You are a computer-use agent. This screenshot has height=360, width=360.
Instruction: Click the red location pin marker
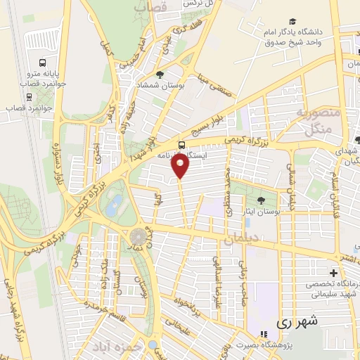point(181,166)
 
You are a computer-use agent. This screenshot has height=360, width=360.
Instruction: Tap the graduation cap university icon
point(291,21)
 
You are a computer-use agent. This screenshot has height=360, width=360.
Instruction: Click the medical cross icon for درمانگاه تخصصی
point(333,273)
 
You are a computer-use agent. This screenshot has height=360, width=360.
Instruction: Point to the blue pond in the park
point(113,205)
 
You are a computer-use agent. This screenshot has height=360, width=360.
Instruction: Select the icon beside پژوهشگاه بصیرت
point(264,334)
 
